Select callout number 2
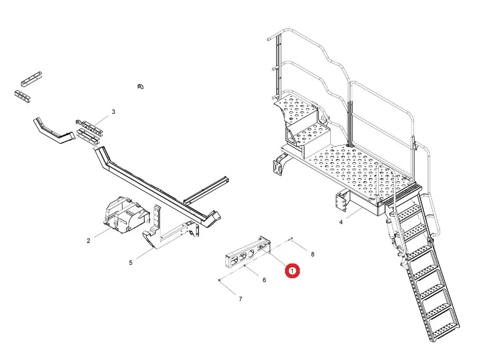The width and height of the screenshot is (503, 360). [89, 241]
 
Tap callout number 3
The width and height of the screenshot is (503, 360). [113, 112]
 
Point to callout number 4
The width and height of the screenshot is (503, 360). [341, 222]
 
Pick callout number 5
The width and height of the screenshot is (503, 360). [131, 263]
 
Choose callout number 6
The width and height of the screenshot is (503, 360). [264, 280]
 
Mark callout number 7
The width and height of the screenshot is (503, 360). [240, 299]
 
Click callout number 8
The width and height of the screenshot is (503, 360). [312, 254]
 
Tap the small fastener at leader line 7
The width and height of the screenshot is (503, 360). [218, 281]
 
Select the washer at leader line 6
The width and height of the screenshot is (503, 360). [245, 266]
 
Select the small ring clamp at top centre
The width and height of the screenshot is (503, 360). [140, 86]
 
